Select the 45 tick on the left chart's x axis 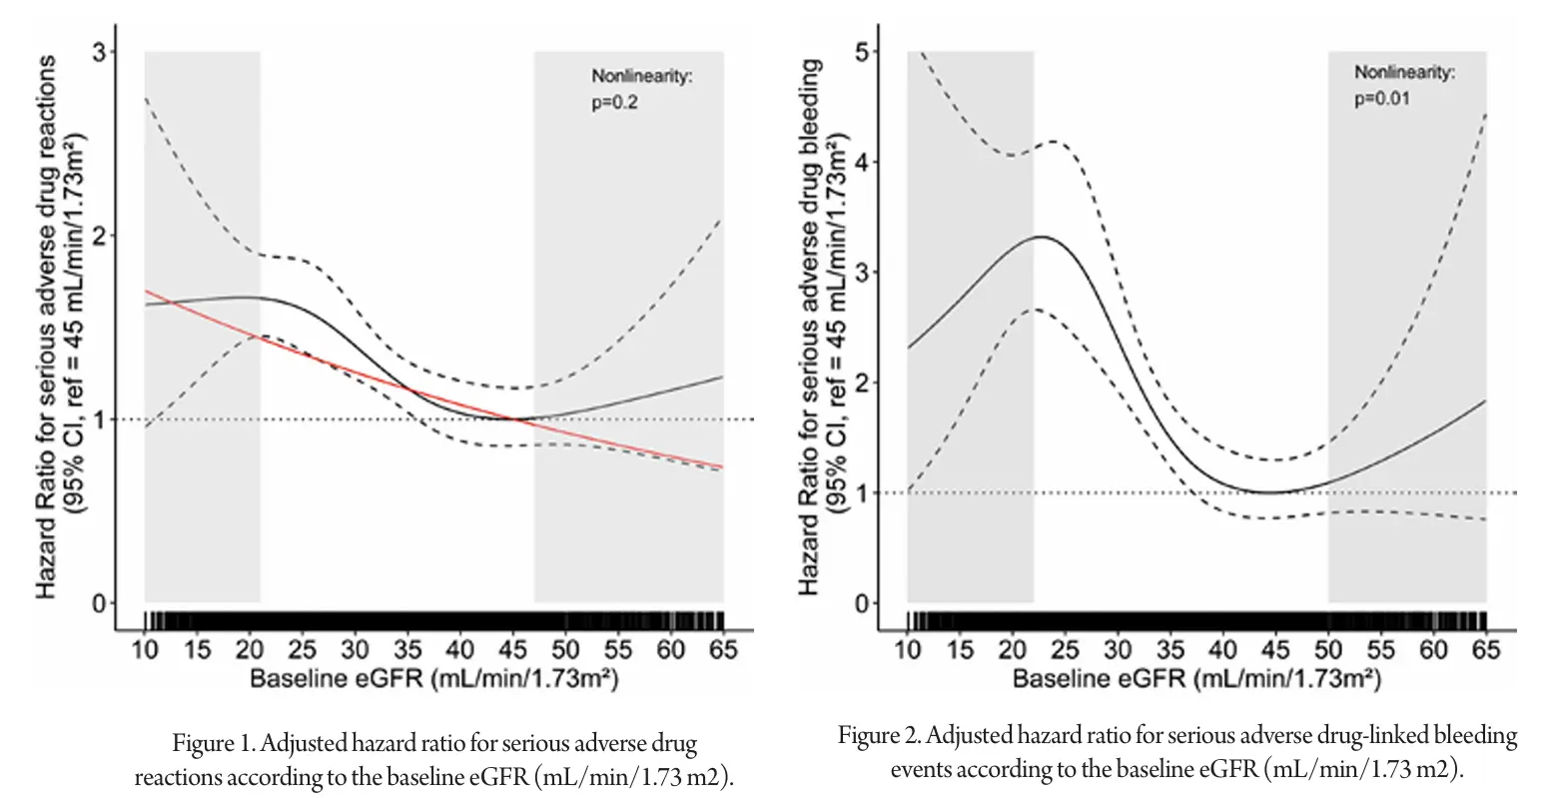point(512,650)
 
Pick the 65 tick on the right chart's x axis point(1486,650)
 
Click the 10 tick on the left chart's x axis point(146,650)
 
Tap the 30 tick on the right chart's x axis point(1118,650)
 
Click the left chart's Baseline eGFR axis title point(433,680)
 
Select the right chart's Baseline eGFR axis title point(1196,680)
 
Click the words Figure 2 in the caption point(876,737)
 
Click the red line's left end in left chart point(147,292)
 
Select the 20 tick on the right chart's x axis point(1013,650)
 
